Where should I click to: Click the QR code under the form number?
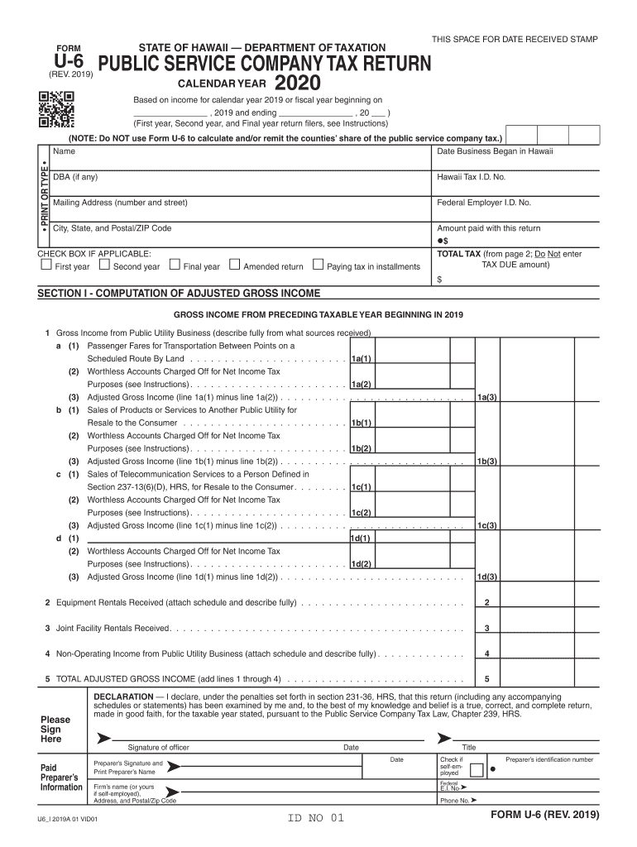[56, 108]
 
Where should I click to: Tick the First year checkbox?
[45, 266]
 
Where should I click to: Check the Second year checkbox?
[104, 266]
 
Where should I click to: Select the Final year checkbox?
[175, 266]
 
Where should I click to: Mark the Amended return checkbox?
[234, 266]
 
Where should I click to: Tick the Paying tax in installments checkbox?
[318, 266]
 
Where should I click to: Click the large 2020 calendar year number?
[297, 84]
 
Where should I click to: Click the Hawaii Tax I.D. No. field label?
[471, 177]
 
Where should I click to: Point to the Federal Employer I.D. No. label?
[483, 203]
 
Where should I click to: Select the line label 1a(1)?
[361, 359]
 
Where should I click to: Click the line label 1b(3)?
[486, 461]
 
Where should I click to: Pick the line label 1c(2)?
[361, 513]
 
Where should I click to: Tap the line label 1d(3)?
[486, 577]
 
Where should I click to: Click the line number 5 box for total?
[486, 680]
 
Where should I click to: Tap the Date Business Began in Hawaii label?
[495, 151]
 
